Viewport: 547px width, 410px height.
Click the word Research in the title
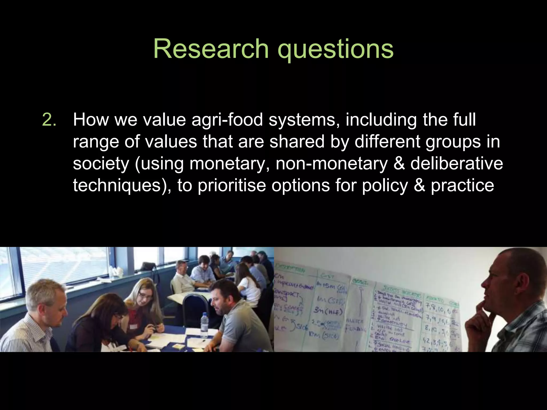click(211, 49)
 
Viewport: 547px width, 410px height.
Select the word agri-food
click(227, 120)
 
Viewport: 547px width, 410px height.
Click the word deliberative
click(456, 163)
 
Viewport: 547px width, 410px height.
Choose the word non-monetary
click(331, 163)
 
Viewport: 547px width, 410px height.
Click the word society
click(101, 163)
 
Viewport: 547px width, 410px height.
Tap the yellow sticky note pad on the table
click(177, 346)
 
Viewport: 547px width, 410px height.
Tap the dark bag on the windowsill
click(148, 266)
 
